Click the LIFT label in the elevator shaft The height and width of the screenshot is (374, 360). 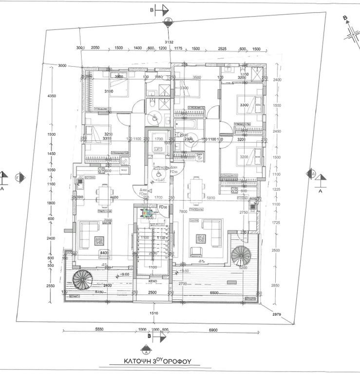click(x=158, y=150)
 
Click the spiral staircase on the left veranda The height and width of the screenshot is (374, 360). click(x=83, y=281)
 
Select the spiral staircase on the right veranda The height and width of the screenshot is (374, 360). click(x=241, y=256)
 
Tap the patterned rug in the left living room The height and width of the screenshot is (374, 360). click(x=99, y=240)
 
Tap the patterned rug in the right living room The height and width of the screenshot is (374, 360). click(x=201, y=239)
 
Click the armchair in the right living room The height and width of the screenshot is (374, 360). click(x=196, y=252)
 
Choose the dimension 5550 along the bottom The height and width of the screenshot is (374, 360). click(x=99, y=330)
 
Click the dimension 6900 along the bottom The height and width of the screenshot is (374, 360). click(x=212, y=330)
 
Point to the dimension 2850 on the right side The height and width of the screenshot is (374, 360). click(x=276, y=285)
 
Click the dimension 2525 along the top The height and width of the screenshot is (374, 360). click(x=222, y=48)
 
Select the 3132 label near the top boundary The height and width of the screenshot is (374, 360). click(x=169, y=42)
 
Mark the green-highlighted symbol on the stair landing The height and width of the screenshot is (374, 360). click(x=145, y=212)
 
